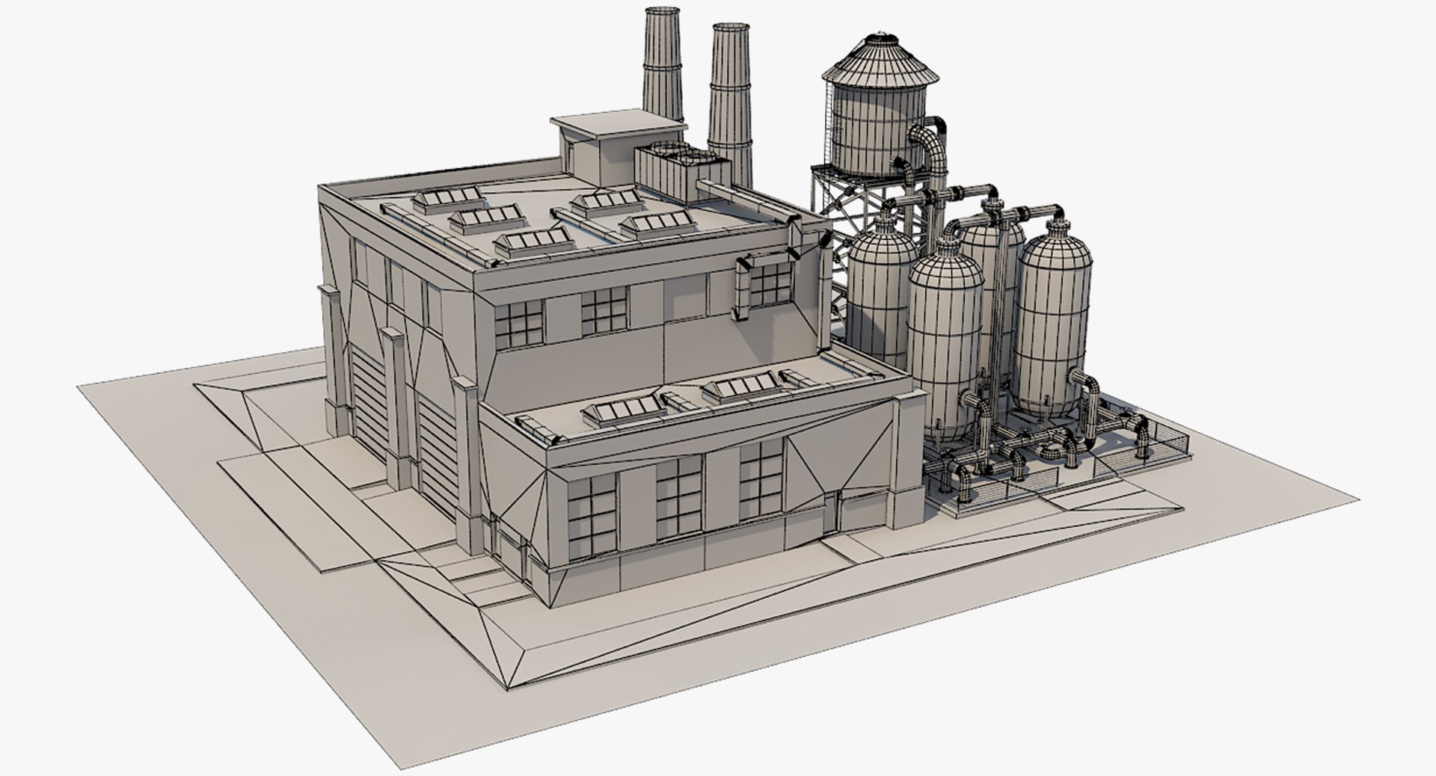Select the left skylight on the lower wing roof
coord(633,407)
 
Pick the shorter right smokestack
coord(729,97)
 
